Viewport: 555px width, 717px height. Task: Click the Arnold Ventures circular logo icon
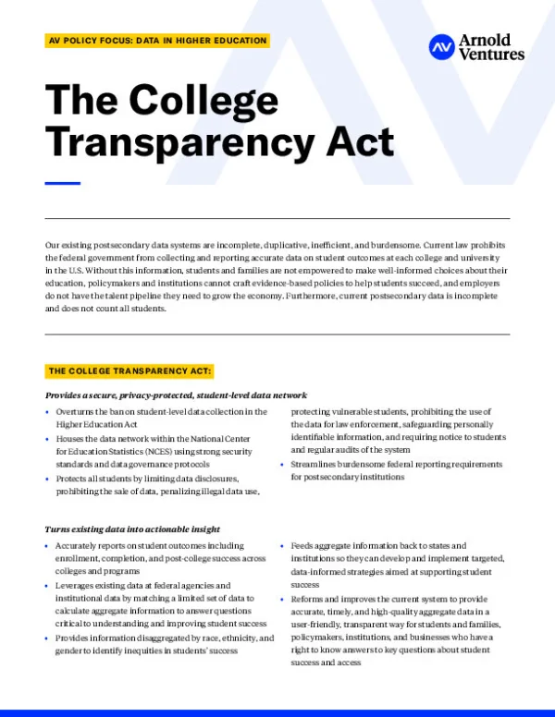coord(442,46)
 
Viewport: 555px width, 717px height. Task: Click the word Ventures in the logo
coord(491,55)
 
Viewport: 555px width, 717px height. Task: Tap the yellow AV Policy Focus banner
coord(157,41)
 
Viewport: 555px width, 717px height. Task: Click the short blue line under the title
coord(63,183)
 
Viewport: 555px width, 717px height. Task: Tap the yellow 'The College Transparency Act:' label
coord(130,371)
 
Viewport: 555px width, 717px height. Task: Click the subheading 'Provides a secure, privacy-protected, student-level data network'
coord(176,395)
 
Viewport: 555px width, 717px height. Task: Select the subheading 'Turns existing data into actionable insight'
coord(132,529)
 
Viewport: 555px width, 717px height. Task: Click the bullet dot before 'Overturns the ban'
coord(48,412)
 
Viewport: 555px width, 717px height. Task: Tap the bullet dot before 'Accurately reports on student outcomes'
coord(48,546)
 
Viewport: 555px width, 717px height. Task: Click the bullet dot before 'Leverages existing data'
coord(48,586)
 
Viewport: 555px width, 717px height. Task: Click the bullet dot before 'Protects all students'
coord(48,479)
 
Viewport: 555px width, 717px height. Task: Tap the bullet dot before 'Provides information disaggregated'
coord(48,638)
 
